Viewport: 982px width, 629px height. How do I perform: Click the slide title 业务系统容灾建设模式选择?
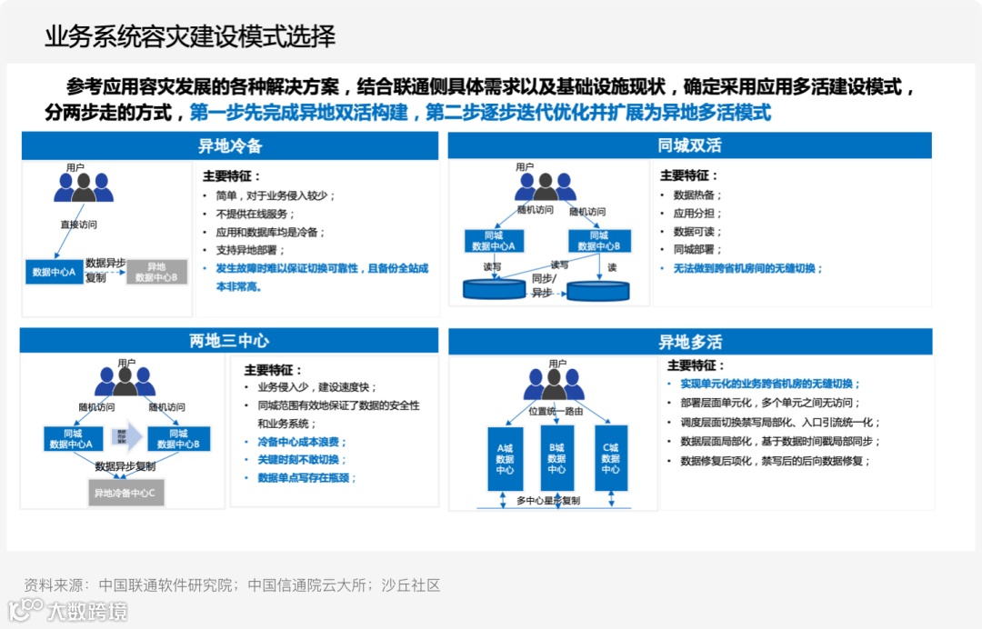click(x=190, y=36)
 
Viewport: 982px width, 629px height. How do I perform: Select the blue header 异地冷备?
click(x=230, y=145)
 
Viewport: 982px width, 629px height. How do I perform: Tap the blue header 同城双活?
click(x=689, y=145)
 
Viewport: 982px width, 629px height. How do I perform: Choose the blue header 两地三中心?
click(x=229, y=341)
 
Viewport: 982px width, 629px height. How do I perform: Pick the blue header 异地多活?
click(x=690, y=342)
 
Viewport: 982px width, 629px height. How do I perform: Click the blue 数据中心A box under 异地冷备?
click(x=54, y=272)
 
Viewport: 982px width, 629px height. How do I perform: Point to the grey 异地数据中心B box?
click(x=156, y=272)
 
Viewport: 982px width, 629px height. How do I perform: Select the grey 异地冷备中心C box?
click(x=125, y=494)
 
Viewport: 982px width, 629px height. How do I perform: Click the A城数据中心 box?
click(x=505, y=458)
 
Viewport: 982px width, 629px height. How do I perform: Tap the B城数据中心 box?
click(x=556, y=458)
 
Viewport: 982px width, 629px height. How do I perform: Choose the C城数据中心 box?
click(x=610, y=458)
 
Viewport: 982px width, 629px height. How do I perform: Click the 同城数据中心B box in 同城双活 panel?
click(x=599, y=241)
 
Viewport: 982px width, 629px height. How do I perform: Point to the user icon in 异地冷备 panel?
click(x=83, y=186)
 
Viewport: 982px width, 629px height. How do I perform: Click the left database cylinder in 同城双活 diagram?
click(x=495, y=289)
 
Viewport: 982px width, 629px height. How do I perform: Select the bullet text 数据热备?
click(x=697, y=195)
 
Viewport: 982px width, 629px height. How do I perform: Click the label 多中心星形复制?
click(x=547, y=501)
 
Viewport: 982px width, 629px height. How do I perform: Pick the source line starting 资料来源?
click(x=232, y=585)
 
